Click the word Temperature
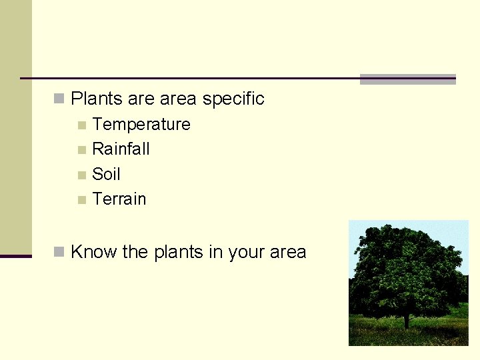click(141, 125)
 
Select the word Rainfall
click(121, 149)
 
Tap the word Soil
click(106, 174)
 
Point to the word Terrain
click(119, 199)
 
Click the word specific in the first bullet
click(233, 99)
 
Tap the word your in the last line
click(247, 253)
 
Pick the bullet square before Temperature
click(81, 125)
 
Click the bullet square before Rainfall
click(81, 150)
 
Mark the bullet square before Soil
click(81, 175)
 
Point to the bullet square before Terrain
click(81, 200)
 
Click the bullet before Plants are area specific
click(59, 99)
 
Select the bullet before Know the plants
click(59, 252)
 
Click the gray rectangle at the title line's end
click(407, 79)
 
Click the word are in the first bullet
click(141, 99)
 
